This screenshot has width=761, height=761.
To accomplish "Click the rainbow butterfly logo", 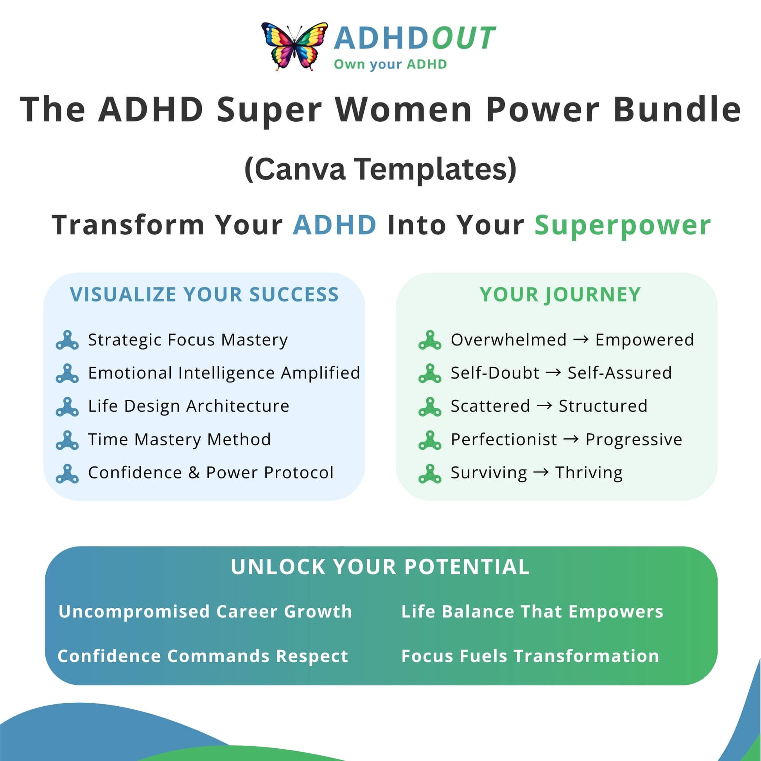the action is [x=294, y=47].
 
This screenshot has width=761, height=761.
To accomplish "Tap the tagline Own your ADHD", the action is [x=390, y=65].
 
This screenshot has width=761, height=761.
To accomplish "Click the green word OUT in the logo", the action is [x=464, y=38].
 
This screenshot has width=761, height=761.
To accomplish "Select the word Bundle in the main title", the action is [x=677, y=109].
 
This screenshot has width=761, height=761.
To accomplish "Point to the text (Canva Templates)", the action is [x=380, y=169].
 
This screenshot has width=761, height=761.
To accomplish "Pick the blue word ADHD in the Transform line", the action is [x=335, y=225].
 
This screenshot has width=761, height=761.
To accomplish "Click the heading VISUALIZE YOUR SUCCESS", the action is [x=205, y=294].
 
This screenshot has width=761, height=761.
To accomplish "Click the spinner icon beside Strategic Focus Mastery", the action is [x=67, y=340].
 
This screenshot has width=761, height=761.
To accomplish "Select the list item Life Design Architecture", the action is [x=188, y=406].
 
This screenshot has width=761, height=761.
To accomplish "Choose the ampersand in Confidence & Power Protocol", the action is [x=194, y=473].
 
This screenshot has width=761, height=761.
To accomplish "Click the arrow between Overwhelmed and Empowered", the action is [x=581, y=339].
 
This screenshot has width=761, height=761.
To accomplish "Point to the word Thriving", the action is [x=589, y=473].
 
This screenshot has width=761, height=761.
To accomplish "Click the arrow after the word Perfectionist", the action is [x=571, y=439].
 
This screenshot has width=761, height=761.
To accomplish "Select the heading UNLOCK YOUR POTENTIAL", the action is [x=380, y=567].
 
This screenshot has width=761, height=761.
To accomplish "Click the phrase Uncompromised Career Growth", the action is [x=205, y=612].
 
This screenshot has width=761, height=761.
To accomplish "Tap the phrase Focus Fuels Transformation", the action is [x=530, y=656].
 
